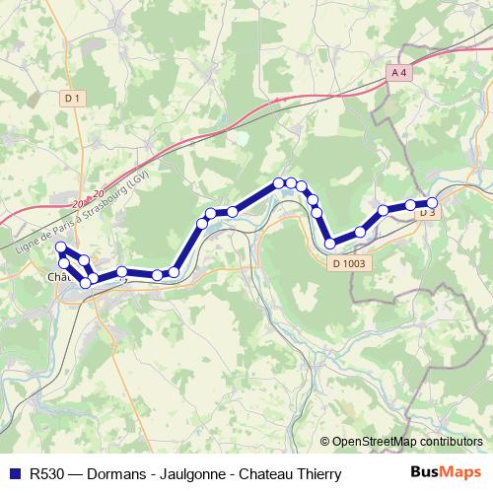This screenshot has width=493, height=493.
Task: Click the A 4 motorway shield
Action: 397,72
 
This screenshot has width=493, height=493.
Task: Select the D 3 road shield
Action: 426,213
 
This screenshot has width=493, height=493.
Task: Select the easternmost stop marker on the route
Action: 432,203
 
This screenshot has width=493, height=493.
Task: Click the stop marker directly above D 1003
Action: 330,244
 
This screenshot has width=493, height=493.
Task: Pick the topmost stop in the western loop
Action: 61,247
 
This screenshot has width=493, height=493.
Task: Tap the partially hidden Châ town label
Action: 57,277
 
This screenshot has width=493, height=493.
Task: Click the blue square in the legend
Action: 15,473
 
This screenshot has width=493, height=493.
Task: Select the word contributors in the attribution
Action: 455,442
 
